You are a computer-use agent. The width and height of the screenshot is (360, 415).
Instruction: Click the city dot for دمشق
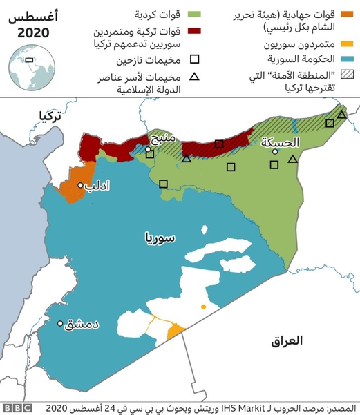click(x=61, y=323)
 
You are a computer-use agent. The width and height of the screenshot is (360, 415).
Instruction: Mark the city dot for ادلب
click(x=81, y=186)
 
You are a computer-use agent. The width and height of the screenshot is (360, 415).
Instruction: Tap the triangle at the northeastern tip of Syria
click(x=342, y=115)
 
